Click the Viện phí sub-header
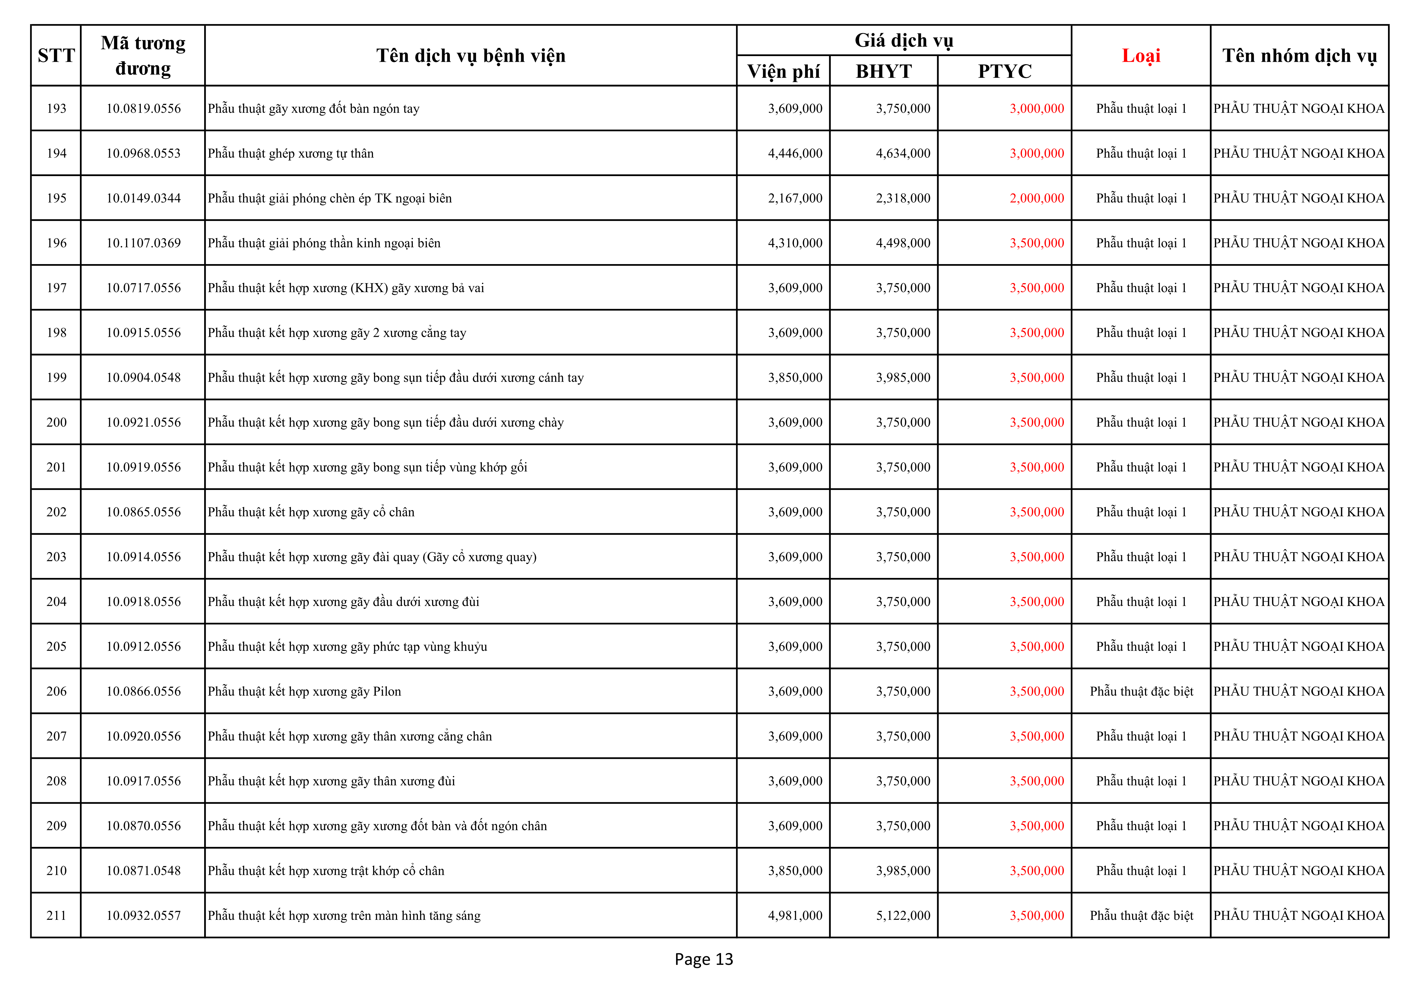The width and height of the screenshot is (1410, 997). [x=783, y=71]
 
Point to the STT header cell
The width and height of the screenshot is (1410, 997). [x=56, y=56]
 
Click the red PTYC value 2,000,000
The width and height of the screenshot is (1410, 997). [x=1037, y=198]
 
